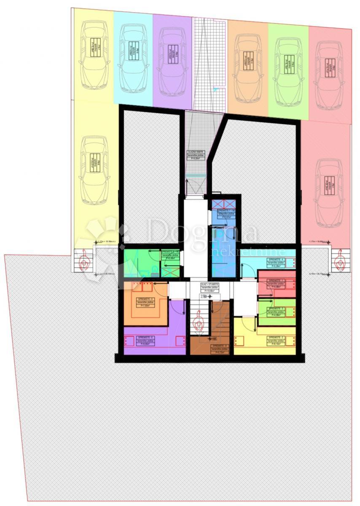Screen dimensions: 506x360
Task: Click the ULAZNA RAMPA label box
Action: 196,155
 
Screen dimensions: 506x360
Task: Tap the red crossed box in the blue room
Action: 224,204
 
